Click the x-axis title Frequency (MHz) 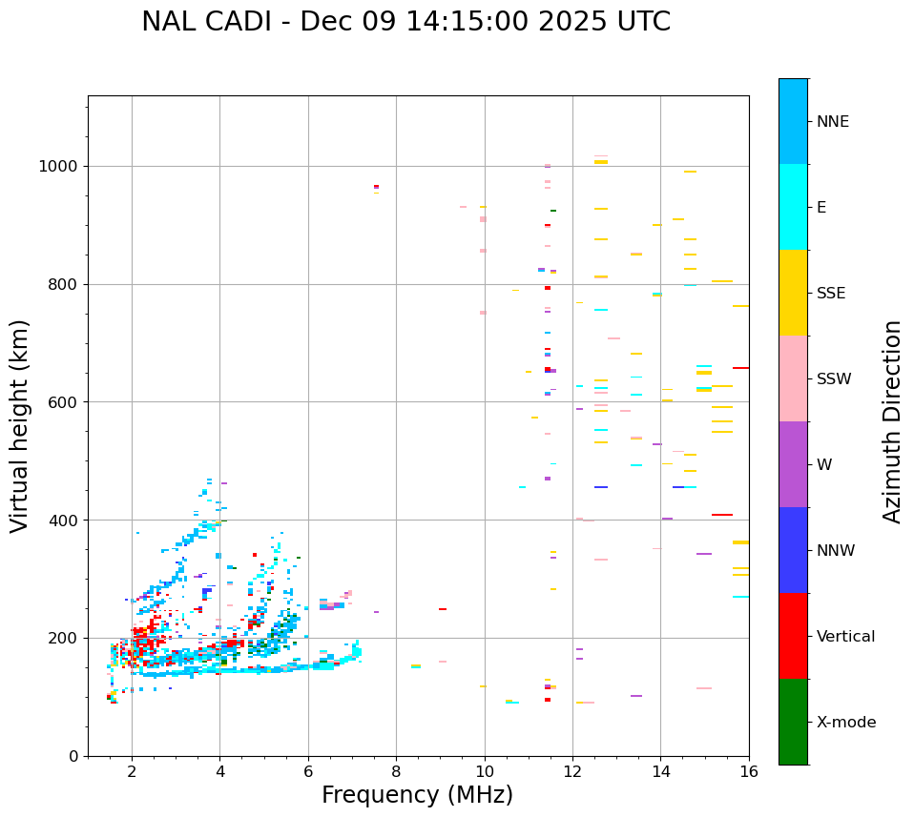point(417,795)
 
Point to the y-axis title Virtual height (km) point(20,425)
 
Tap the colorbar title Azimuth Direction point(892,421)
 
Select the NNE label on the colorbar point(832,122)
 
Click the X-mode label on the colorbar point(845,723)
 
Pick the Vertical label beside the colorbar point(845,637)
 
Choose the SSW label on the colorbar point(833,379)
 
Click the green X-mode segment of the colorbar point(793,722)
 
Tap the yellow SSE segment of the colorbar point(793,293)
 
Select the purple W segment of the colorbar point(793,464)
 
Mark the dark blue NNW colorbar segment point(793,550)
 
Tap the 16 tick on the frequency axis point(749,771)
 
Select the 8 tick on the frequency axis point(396,771)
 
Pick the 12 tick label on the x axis point(572,771)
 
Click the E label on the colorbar point(821,208)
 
